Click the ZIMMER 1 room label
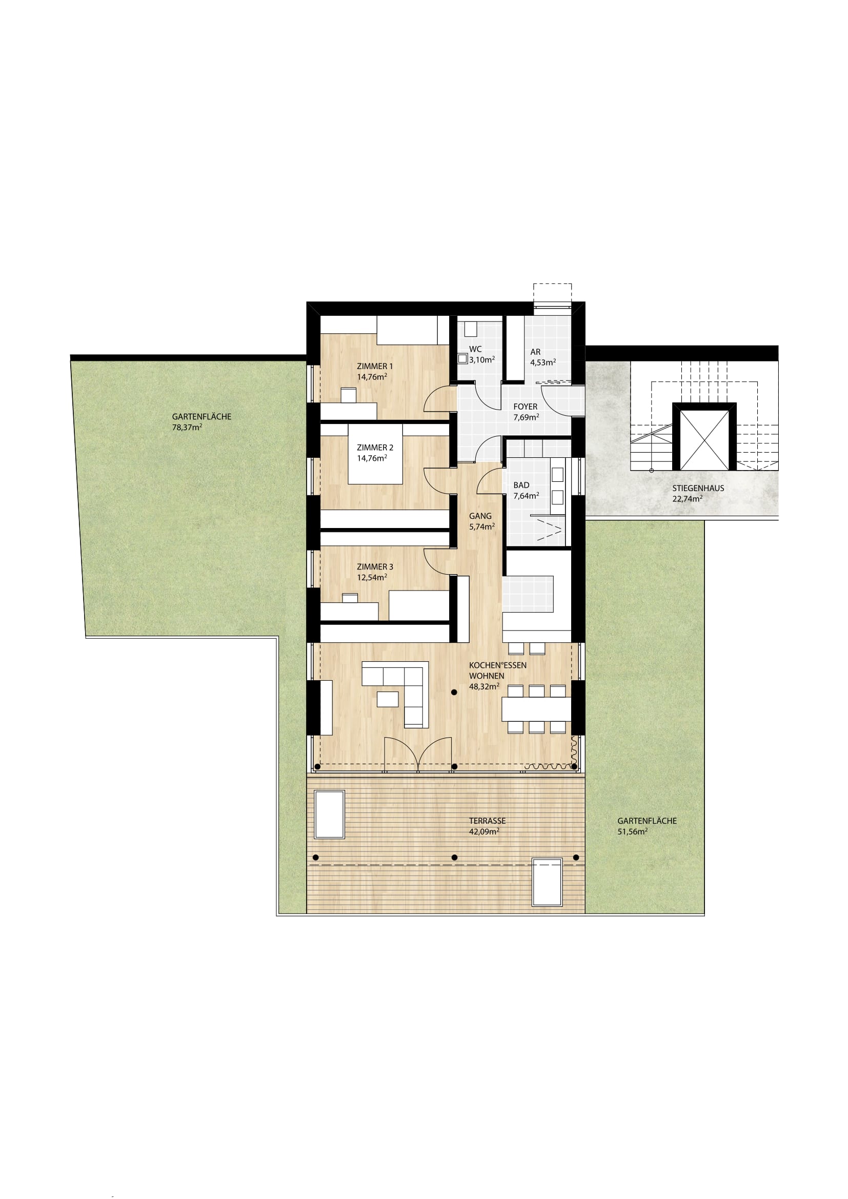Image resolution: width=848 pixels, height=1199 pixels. coord(374,366)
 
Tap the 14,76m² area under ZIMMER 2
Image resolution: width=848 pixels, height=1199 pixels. coord(372,458)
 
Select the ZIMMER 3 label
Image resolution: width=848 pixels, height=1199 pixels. coord(375,566)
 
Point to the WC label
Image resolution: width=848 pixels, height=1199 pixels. coord(475,350)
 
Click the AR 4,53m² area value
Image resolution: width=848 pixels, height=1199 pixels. coord(543,362)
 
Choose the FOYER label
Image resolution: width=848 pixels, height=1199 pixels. coord(526,407)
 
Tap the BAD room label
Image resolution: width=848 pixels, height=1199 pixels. coord(521,485)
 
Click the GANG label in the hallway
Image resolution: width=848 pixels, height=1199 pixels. coord(480,516)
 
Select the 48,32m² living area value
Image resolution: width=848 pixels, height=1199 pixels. coord(484,686)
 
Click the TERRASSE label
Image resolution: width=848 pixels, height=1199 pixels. coord(487,821)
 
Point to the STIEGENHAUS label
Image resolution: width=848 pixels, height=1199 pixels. coord(698,489)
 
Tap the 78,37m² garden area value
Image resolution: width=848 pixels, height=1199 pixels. coord(187,426)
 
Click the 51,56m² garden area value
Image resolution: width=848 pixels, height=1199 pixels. coord(632,831)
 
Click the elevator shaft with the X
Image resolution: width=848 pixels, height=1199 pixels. coord(704,440)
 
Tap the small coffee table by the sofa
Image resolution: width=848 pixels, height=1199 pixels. coord(388,699)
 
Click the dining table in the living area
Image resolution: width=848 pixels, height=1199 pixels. coord(536,708)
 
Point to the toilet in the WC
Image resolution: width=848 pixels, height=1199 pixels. coord(462,359)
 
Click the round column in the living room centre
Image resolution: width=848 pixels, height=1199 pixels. coord(454,693)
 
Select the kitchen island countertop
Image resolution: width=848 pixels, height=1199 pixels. coord(528,594)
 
